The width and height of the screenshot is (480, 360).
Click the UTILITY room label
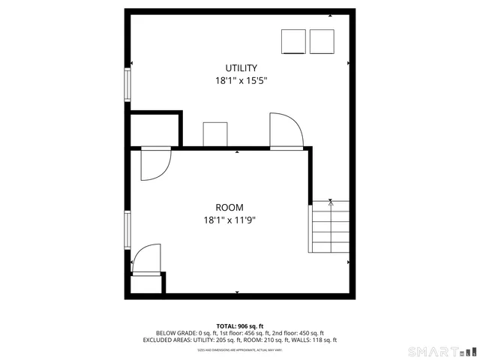click(241, 68)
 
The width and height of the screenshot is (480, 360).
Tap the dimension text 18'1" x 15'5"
click(241, 80)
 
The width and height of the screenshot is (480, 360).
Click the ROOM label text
click(229, 208)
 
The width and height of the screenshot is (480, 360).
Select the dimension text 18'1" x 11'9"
click(229, 220)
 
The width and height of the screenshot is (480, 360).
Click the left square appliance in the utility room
click(293, 41)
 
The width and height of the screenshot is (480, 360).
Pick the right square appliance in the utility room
click(321, 41)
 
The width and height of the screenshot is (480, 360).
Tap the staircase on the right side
click(330, 227)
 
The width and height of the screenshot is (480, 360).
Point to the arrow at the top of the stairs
click(331, 202)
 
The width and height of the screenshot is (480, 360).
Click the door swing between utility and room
click(285, 132)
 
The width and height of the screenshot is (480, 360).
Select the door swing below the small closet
click(154, 163)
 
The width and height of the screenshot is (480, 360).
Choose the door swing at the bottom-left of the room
click(147, 259)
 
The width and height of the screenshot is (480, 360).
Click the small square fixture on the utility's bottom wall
click(215, 134)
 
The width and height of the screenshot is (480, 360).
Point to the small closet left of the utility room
click(154, 130)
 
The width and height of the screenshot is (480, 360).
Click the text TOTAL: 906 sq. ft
click(240, 325)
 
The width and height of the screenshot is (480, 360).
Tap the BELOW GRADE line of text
click(240, 333)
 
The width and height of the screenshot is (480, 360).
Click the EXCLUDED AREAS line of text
click(240, 340)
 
